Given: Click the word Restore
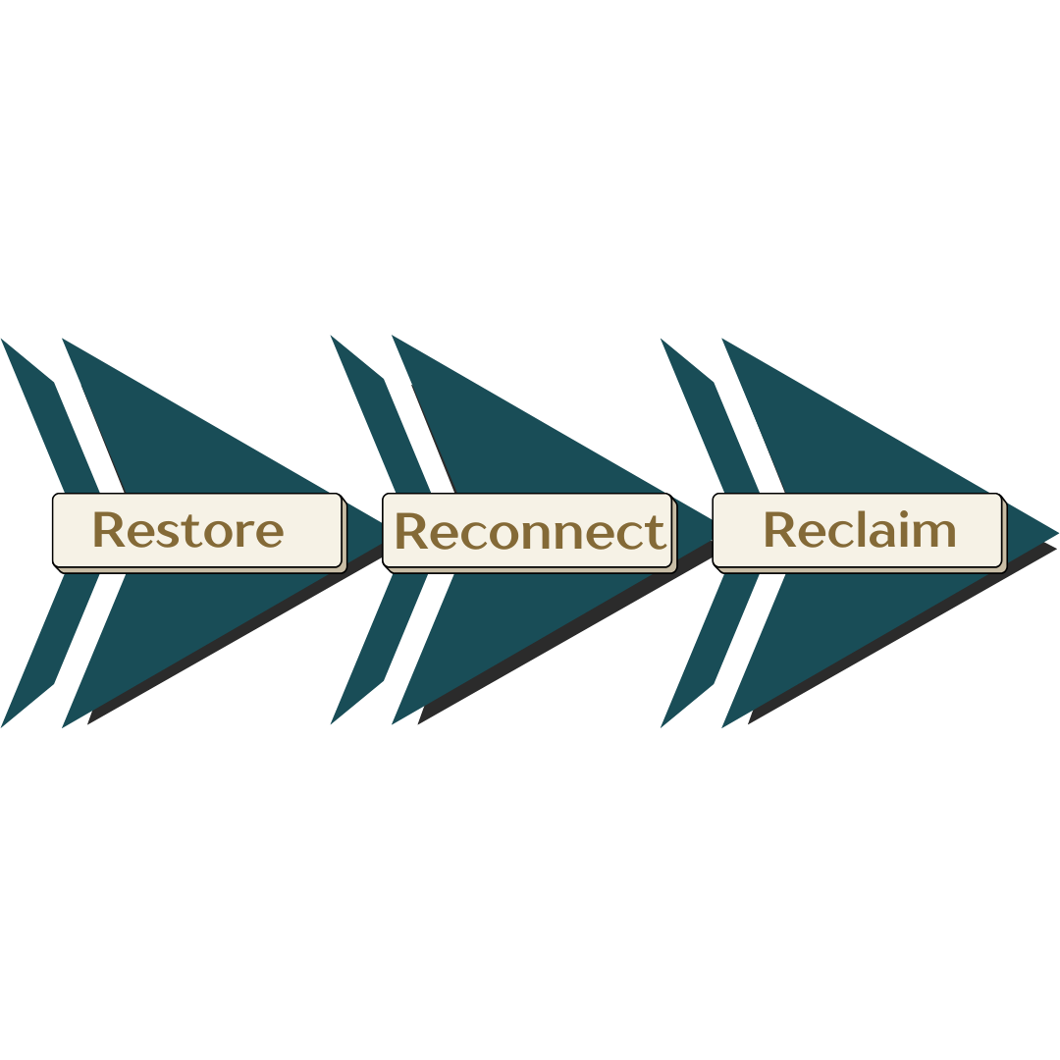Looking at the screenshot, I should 187,530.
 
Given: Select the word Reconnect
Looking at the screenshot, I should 529,531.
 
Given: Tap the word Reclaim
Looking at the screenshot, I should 859,530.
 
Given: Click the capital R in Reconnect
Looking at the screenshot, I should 409,532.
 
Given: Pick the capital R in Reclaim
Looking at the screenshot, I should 778,530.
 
